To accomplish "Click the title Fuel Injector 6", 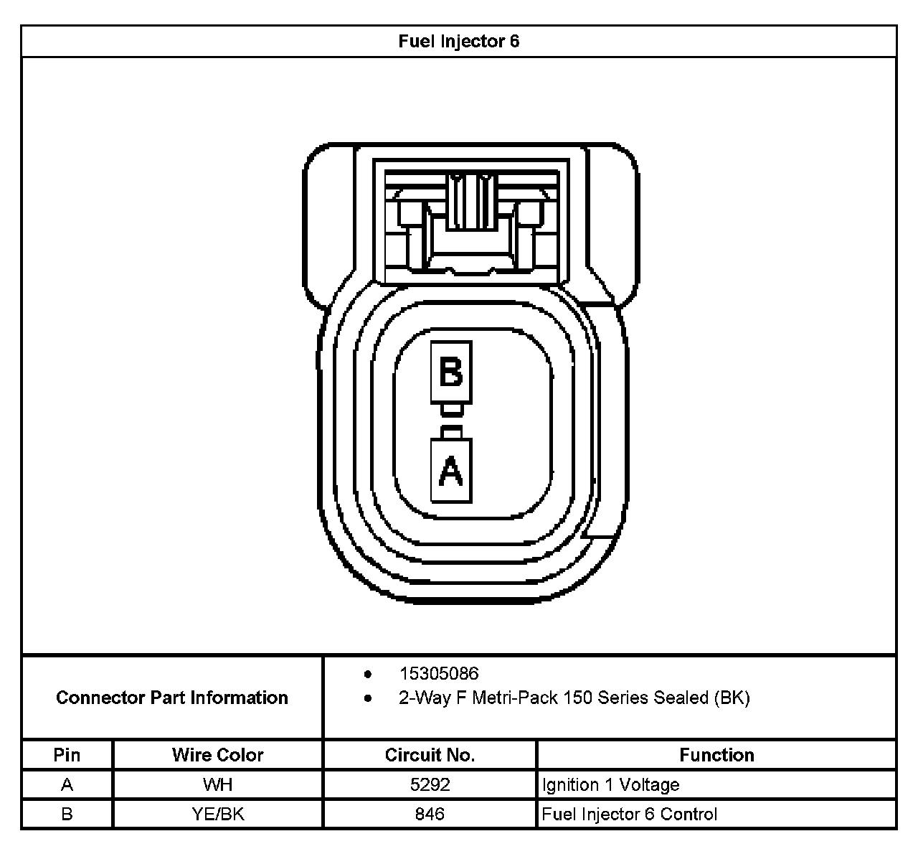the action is point(458,42).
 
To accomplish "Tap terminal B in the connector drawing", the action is point(450,372).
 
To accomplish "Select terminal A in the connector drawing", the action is point(450,471).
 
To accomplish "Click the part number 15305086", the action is point(438,674).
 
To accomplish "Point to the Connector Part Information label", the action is point(172,698).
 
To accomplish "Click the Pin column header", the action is point(67,755).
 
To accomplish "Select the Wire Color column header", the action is point(217,755).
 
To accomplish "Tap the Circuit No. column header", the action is point(430,755).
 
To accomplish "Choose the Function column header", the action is point(716,755).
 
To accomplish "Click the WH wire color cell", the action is point(217,784).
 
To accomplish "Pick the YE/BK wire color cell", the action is point(217,814).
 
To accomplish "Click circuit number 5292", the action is point(430,784).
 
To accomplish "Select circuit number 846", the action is point(430,814).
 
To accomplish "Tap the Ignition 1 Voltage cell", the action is point(610,784).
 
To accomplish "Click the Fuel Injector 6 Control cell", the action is point(629,814).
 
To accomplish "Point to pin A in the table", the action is point(67,784).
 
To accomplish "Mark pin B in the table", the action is point(67,814).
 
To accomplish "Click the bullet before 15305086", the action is point(368,675).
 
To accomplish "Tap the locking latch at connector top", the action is point(471,201).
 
